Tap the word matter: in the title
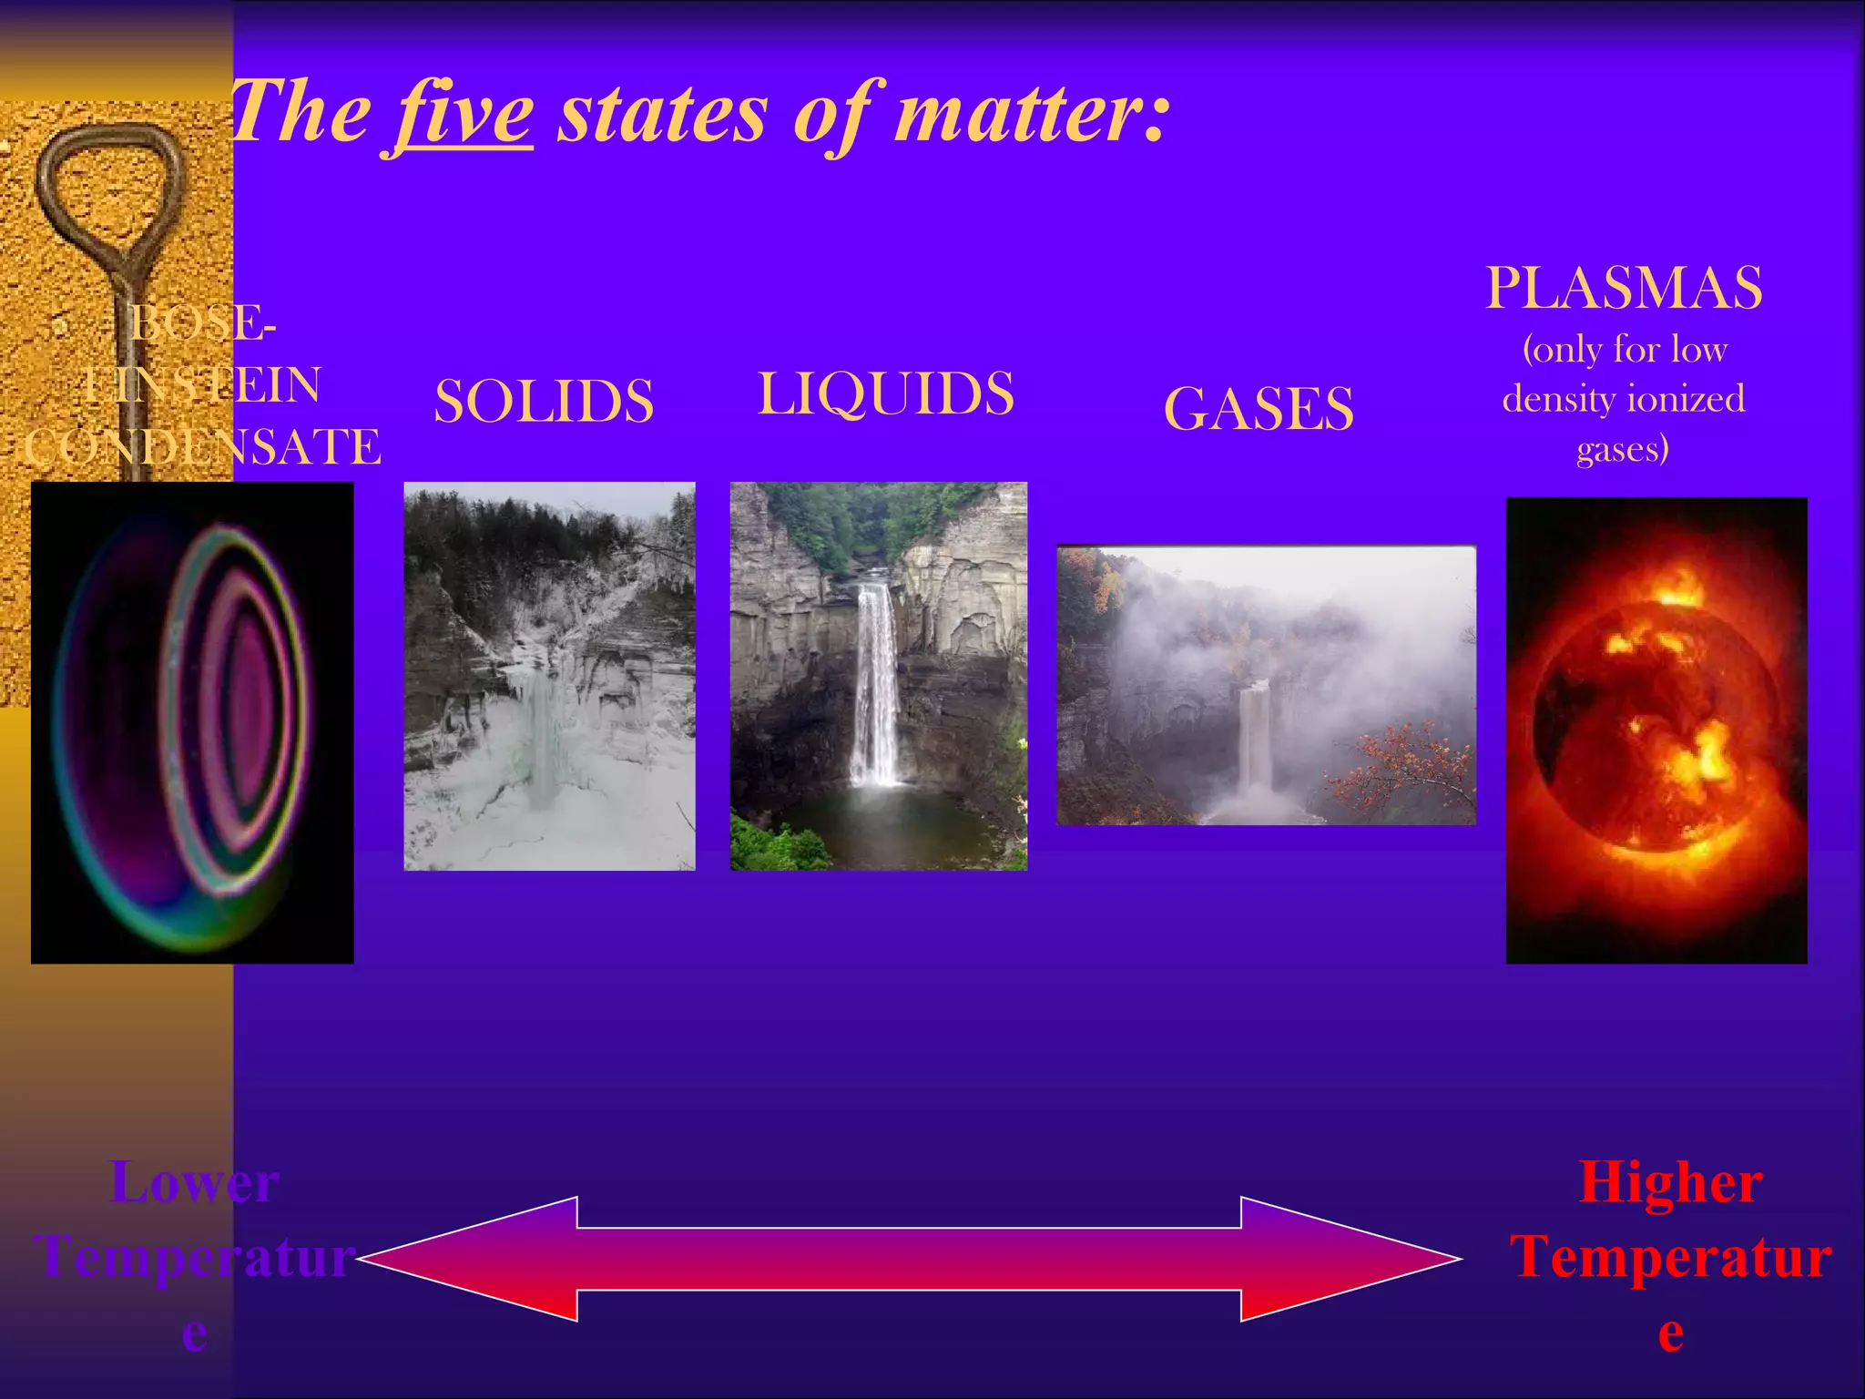pyautogui.click(x=1029, y=113)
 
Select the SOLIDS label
pyautogui.click(x=544, y=401)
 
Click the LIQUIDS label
pyautogui.click(x=885, y=393)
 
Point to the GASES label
pyautogui.click(x=1259, y=408)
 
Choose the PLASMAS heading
pyautogui.click(x=1624, y=288)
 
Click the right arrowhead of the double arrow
pyautogui.click(x=1348, y=1259)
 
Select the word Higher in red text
pyautogui.click(x=1670, y=1182)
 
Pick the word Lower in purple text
pyautogui.click(x=194, y=1182)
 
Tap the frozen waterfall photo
pyautogui.click(x=549, y=676)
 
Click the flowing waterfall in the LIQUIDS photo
pyautogui.click(x=875, y=683)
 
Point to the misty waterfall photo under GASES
pyautogui.click(x=1266, y=685)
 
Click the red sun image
pyautogui.click(x=1656, y=730)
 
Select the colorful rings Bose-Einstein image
pyautogui.click(x=192, y=721)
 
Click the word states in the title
pyautogui.click(x=662, y=115)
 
